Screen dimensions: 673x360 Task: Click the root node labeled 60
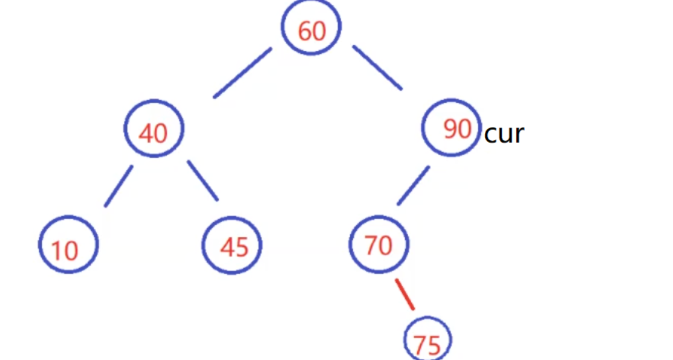click(x=311, y=27)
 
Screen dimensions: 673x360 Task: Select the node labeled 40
click(x=154, y=129)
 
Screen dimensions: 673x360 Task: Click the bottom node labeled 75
click(x=428, y=340)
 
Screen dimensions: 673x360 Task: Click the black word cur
click(x=504, y=134)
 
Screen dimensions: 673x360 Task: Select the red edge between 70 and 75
click(x=405, y=295)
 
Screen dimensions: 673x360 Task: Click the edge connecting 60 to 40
click(x=242, y=73)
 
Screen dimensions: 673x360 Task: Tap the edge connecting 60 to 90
click(x=377, y=68)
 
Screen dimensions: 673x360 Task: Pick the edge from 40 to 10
click(x=118, y=186)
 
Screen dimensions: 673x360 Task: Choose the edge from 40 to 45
click(x=203, y=180)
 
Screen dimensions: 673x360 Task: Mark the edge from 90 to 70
click(x=413, y=185)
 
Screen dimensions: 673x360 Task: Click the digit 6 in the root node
click(x=304, y=30)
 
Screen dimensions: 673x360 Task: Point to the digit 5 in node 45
click(x=241, y=247)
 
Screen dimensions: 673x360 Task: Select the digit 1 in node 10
click(x=56, y=250)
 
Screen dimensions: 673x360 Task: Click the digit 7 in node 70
click(x=371, y=245)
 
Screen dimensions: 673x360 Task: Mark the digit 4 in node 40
click(x=146, y=133)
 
